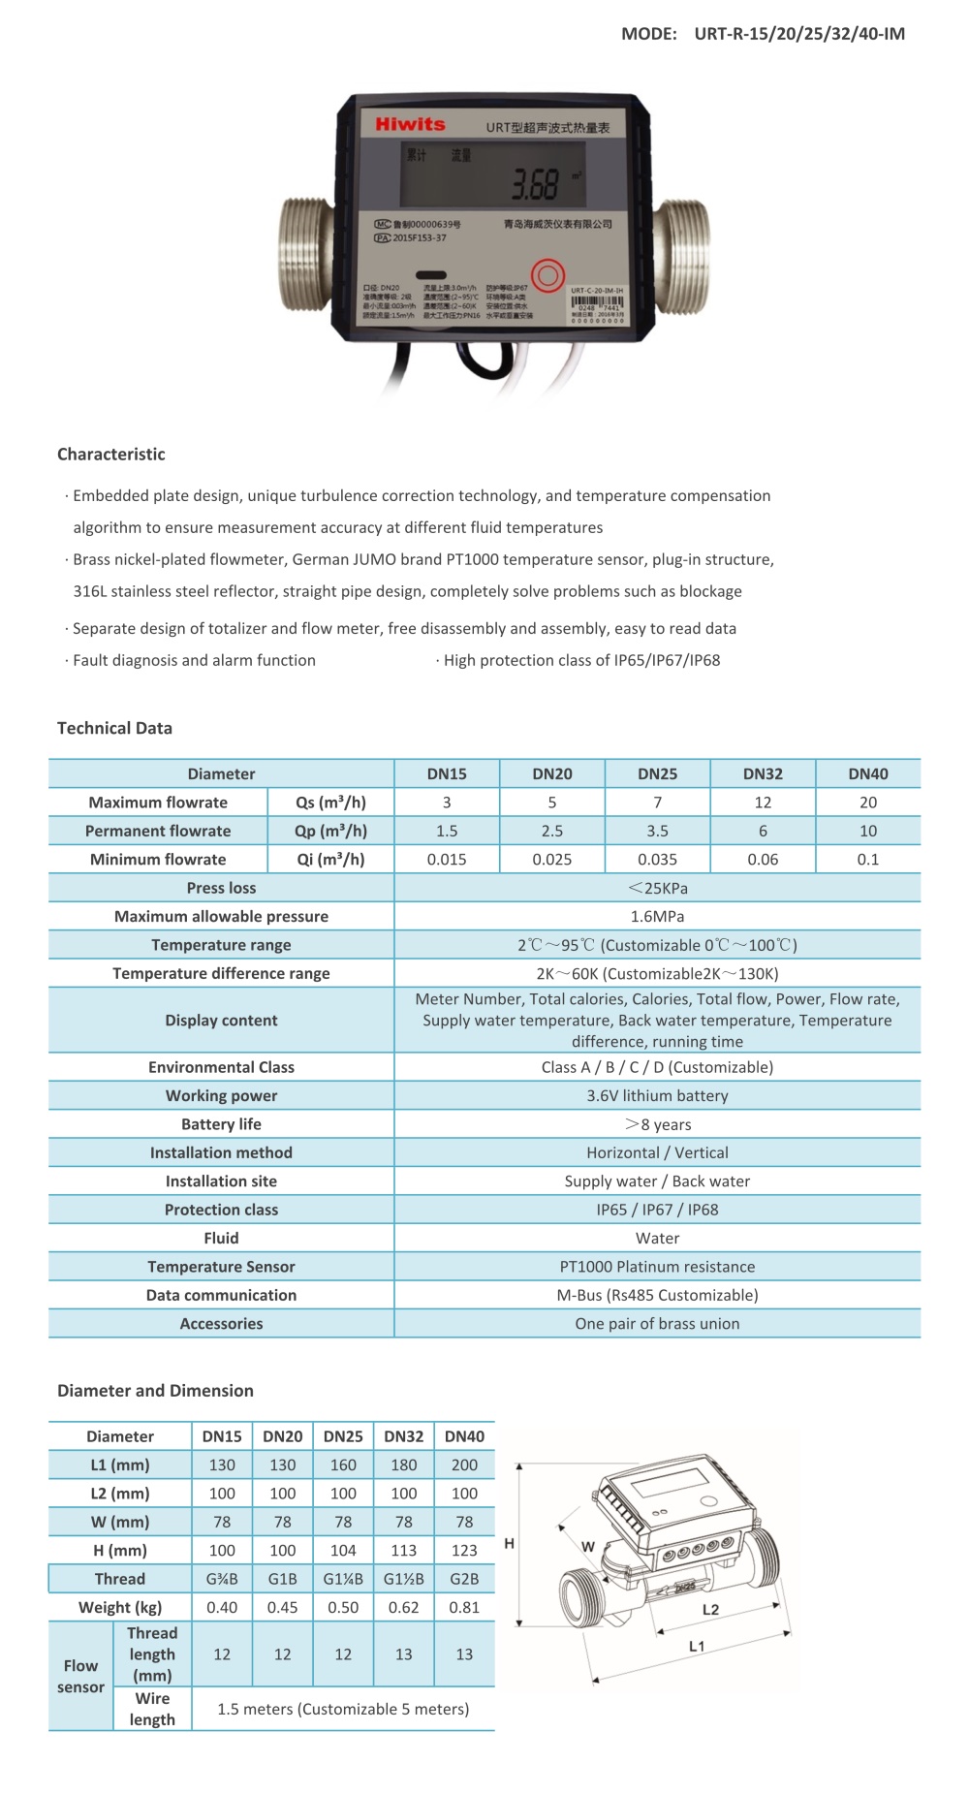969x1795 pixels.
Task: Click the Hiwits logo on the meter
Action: pos(410,124)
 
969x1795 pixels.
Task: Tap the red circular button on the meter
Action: pos(547,275)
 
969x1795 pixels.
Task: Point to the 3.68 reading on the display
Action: pos(536,184)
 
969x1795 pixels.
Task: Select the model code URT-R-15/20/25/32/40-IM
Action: pos(799,34)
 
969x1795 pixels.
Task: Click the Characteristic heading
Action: pos(111,455)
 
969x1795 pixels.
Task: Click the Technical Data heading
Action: pos(114,729)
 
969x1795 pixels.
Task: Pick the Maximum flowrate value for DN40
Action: pos(868,803)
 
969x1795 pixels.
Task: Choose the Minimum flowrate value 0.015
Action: pos(447,860)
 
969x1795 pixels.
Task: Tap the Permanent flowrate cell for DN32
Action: pos(763,832)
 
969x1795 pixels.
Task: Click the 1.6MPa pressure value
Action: pos(657,917)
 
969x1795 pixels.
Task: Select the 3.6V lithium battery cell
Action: pos(657,1096)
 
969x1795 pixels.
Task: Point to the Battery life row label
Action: pos(221,1124)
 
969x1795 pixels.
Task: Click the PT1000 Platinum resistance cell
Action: pos(657,1267)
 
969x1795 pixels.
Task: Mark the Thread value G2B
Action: pos(464,1579)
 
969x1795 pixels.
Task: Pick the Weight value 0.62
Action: pos(404,1607)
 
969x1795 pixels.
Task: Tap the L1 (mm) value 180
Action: pos(404,1465)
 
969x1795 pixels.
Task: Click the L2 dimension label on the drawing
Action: pos(710,1610)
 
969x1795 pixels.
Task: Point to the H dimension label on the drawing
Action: pos(510,1544)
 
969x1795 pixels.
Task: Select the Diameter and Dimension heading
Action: pos(155,1391)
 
